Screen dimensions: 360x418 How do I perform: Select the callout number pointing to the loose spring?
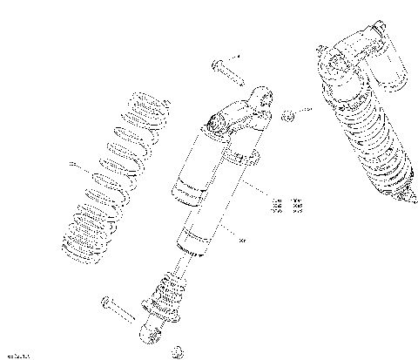click(72, 163)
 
